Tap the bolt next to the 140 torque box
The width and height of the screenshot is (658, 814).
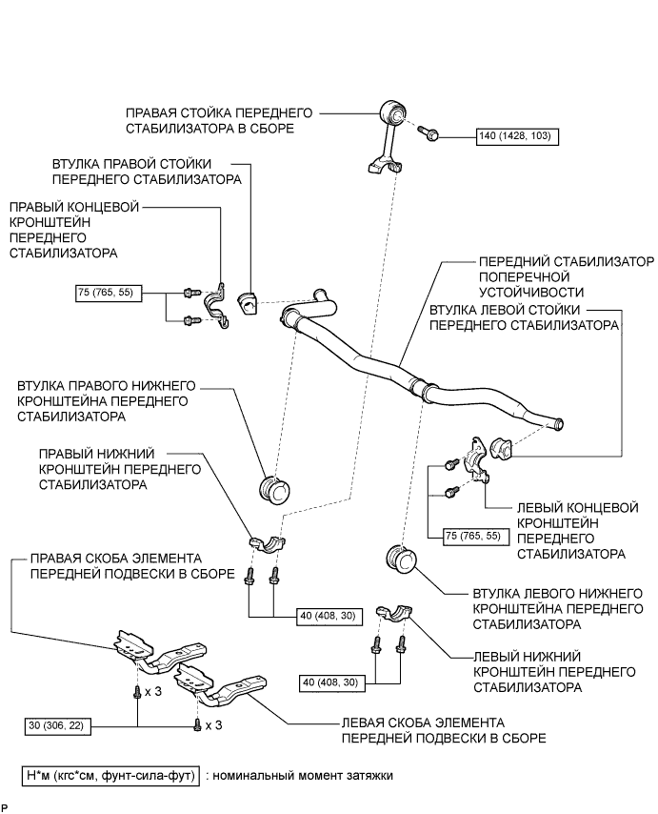tap(429, 135)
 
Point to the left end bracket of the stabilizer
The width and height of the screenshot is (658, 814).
tap(476, 457)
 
